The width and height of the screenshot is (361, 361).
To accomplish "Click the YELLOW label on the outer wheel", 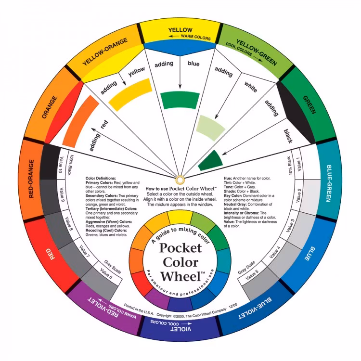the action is (x=180, y=30).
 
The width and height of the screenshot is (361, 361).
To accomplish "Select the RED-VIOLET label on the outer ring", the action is (x=103, y=308).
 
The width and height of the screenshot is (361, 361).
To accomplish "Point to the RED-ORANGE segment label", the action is (x=32, y=179).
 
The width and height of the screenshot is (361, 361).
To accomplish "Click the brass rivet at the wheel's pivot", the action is (x=180, y=180).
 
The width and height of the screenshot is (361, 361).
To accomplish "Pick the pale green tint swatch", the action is (x=210, y=128).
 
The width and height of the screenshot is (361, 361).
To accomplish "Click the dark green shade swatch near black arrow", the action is (x=210, y=161).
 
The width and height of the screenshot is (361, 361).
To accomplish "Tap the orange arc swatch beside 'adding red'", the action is (x=80, y=121).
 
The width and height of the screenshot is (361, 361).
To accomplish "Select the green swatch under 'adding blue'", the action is (x=180, y=101).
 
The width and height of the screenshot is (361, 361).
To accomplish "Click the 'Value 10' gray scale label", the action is (x=61, y=165).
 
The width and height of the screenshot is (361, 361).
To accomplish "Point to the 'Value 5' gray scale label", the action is (x=252, y=274).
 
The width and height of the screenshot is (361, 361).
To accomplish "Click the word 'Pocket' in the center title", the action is (x=180, y=248).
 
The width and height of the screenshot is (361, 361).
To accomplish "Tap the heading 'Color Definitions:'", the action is (x=101, y=178).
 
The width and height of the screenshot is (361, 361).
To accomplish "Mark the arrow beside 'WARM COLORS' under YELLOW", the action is (x=174, y=36).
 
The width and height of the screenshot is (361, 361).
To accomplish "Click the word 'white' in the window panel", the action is (x=251, y=87).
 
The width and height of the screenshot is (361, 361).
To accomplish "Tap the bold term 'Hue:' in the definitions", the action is (x=228, y=178).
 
